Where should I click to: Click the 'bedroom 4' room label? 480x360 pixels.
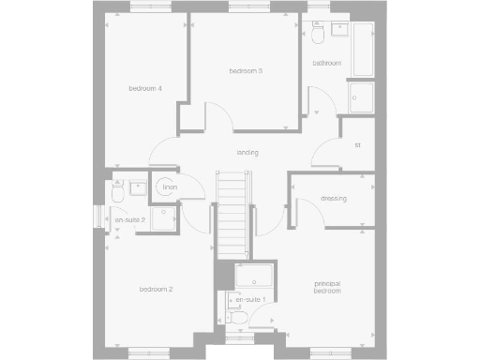(x=145, y=89)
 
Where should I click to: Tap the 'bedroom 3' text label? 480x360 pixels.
(x=246, y=71)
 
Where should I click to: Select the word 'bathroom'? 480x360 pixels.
(x=326, y=64)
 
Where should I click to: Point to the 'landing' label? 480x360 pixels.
(x=247, y=153)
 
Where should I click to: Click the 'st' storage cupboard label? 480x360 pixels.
(x=357, y=145)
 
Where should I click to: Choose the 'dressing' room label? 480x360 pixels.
(x=334, y=199)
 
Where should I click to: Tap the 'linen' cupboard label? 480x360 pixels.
(x=169, y=188)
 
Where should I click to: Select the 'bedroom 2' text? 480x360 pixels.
(x=156, y=290)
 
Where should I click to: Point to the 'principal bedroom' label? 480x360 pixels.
(x=326, y=287)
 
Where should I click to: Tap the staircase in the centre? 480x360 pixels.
(x=233, y=216)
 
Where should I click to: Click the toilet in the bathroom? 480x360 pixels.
(x=319, y=34)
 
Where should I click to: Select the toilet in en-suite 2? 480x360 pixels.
(x=118, y=192)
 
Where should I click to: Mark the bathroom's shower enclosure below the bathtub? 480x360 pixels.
(x=360, y=97)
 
